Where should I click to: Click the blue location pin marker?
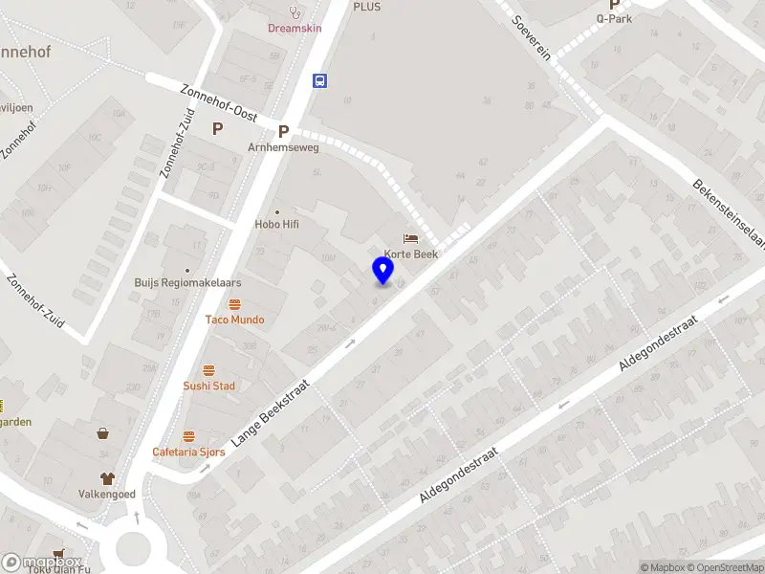tap(383, 270)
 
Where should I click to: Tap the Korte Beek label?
tap(412, 254)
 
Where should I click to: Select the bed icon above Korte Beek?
tap(411, 238)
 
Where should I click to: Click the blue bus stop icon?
tap(320, 80)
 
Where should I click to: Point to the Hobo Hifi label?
tap(277, 225)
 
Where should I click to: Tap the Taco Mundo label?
tap(234, 320)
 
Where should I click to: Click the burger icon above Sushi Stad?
tap(209, 370)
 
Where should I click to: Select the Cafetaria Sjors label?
tap(188, 452)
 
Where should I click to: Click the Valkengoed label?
tap(107, 494)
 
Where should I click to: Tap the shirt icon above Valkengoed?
tap(107, 477)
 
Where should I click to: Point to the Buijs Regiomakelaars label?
tap(186, 283)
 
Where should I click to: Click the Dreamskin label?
tap(295, 28)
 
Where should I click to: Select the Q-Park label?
tap(614, 17)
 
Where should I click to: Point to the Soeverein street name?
tap(532, 38)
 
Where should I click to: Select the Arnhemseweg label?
tap(283, 147)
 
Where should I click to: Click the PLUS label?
tap(366, 7)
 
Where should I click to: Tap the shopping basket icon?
tap(102, 432)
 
